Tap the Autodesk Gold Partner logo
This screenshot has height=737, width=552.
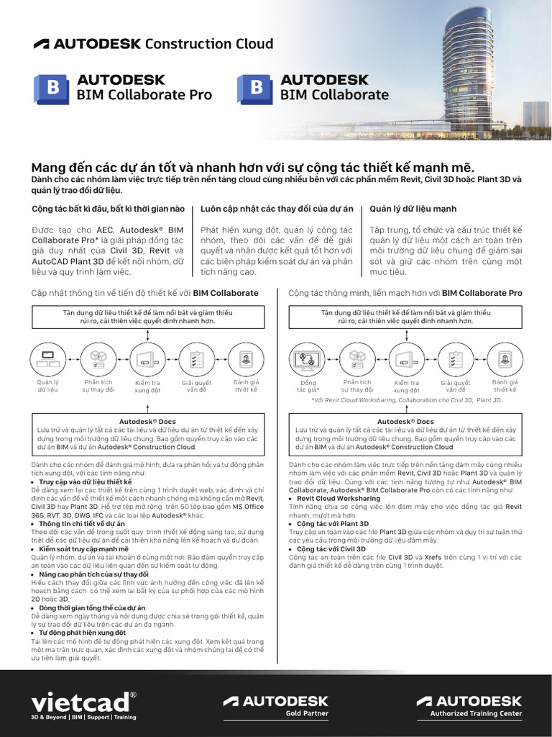[275, 705]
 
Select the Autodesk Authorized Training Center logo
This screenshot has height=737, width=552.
[469, 705]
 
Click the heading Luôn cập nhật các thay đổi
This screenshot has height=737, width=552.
[277, 209]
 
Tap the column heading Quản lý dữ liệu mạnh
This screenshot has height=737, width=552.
[413, 209]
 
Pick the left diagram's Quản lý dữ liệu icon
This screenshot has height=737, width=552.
[47, 358]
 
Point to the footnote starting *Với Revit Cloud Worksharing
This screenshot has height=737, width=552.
[406, 399]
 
